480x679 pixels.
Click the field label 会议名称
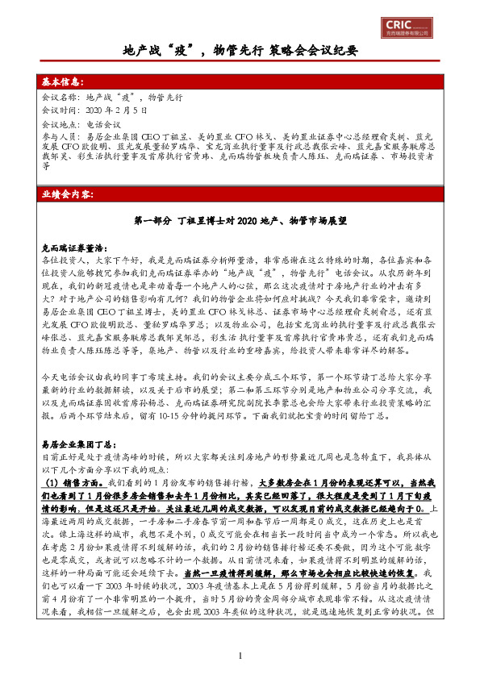coord(57,96)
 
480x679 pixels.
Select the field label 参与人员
coord(57,138)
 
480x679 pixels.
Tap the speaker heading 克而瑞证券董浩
coord(75,250)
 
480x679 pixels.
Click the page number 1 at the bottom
coord(240,655)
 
